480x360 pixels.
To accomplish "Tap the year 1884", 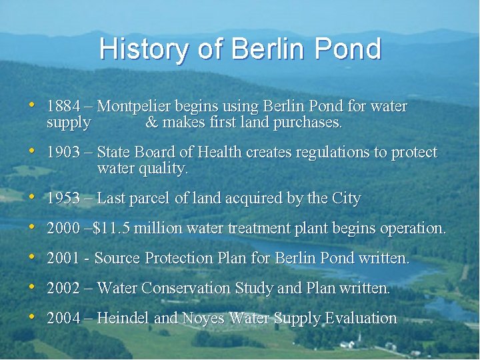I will tap(63, 107).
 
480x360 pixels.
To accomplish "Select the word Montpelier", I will tap(134, 107).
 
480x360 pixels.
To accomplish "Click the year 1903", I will tap(63, 153).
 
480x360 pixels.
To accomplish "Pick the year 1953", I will tap(63, 199).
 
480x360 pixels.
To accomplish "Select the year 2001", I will tap(63, 258).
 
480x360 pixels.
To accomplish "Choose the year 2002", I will tap(63, 289).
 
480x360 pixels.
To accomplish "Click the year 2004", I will tap(63, 319).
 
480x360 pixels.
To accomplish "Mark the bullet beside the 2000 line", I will tap(31, 227).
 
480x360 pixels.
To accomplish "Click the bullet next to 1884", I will tap(31, 105).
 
